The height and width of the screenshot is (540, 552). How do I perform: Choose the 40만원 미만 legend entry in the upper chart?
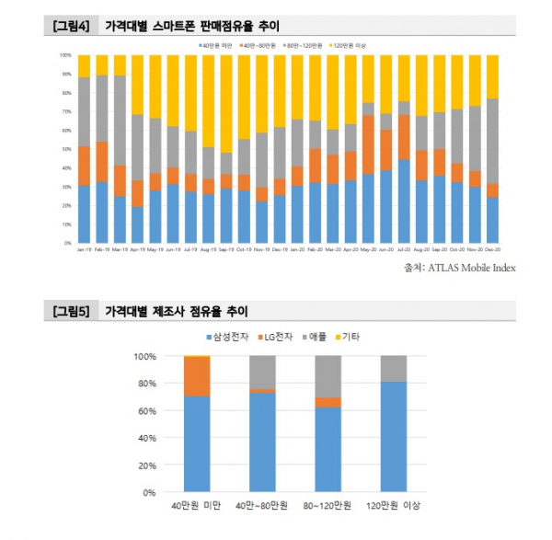[215, 43]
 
